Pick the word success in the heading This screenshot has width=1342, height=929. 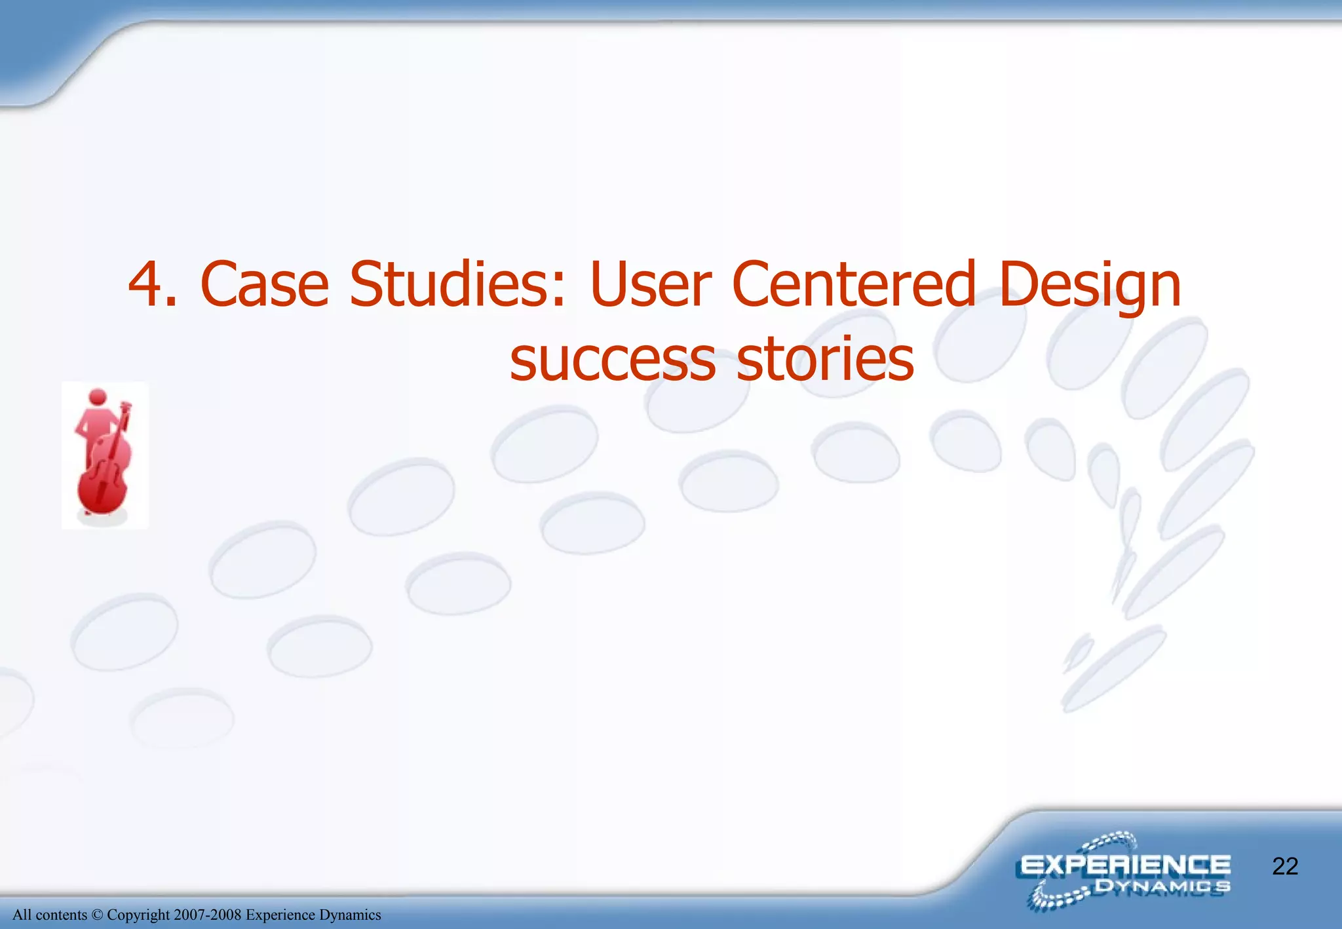613,360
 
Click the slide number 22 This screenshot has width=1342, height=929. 1285,867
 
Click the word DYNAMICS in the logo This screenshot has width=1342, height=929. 1162,887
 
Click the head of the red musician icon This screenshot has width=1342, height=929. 98,398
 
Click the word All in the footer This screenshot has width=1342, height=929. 22,915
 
